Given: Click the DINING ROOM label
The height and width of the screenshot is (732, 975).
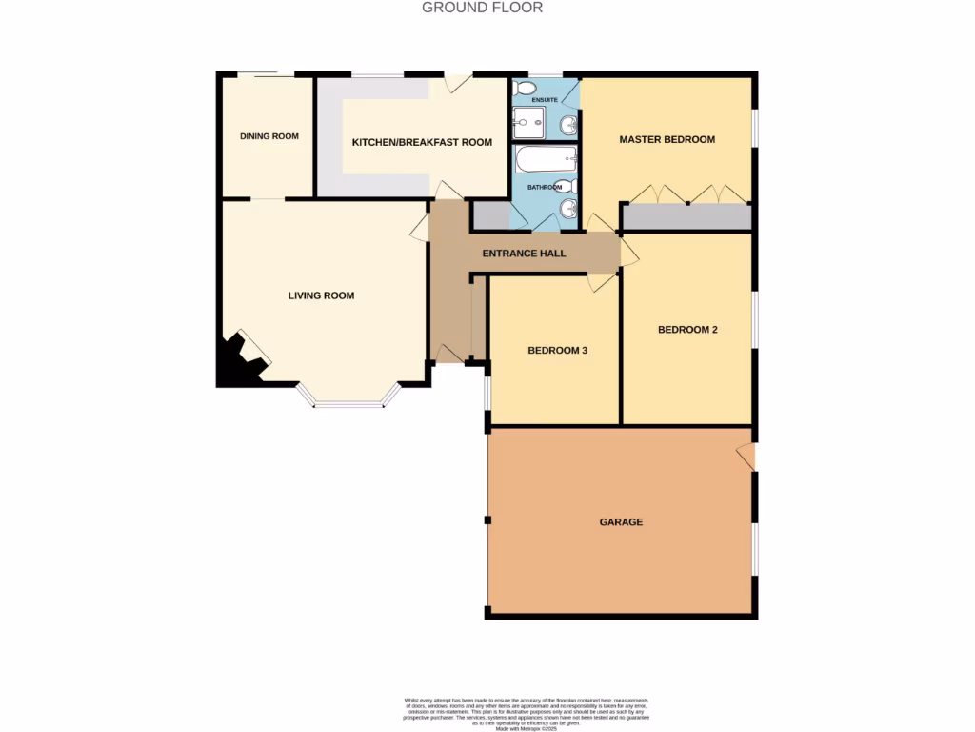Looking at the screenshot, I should click(269, 136).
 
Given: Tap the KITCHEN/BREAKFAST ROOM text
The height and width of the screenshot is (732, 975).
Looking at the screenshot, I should click(422, 142).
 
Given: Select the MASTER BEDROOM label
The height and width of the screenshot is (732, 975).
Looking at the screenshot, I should click(667, 139).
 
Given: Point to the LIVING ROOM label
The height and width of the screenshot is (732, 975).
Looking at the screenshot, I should click(321, 295).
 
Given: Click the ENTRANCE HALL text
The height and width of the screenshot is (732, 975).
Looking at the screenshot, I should click(524, 254).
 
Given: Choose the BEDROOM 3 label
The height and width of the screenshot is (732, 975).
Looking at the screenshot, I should click(557, 350).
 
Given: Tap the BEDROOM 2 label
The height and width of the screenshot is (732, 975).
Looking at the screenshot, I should click(687, 330).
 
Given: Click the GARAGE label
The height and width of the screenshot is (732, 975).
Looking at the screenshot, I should click(621, 522).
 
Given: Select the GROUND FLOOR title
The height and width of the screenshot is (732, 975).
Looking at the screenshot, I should click(482, 8).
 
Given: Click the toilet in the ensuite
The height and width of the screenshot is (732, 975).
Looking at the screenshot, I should click(525, 88).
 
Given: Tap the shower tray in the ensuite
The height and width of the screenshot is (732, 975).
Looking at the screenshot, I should click(529, 123).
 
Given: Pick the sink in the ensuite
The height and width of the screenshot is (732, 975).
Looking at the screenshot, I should click(568, 124).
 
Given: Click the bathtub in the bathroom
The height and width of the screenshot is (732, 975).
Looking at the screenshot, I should click(547, 158).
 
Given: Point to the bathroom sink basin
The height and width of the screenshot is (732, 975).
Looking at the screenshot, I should click(568, 209).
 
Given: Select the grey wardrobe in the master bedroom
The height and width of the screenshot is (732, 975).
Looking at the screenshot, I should click(686, 217).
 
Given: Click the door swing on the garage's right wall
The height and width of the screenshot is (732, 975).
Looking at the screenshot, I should click(746, 457).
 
